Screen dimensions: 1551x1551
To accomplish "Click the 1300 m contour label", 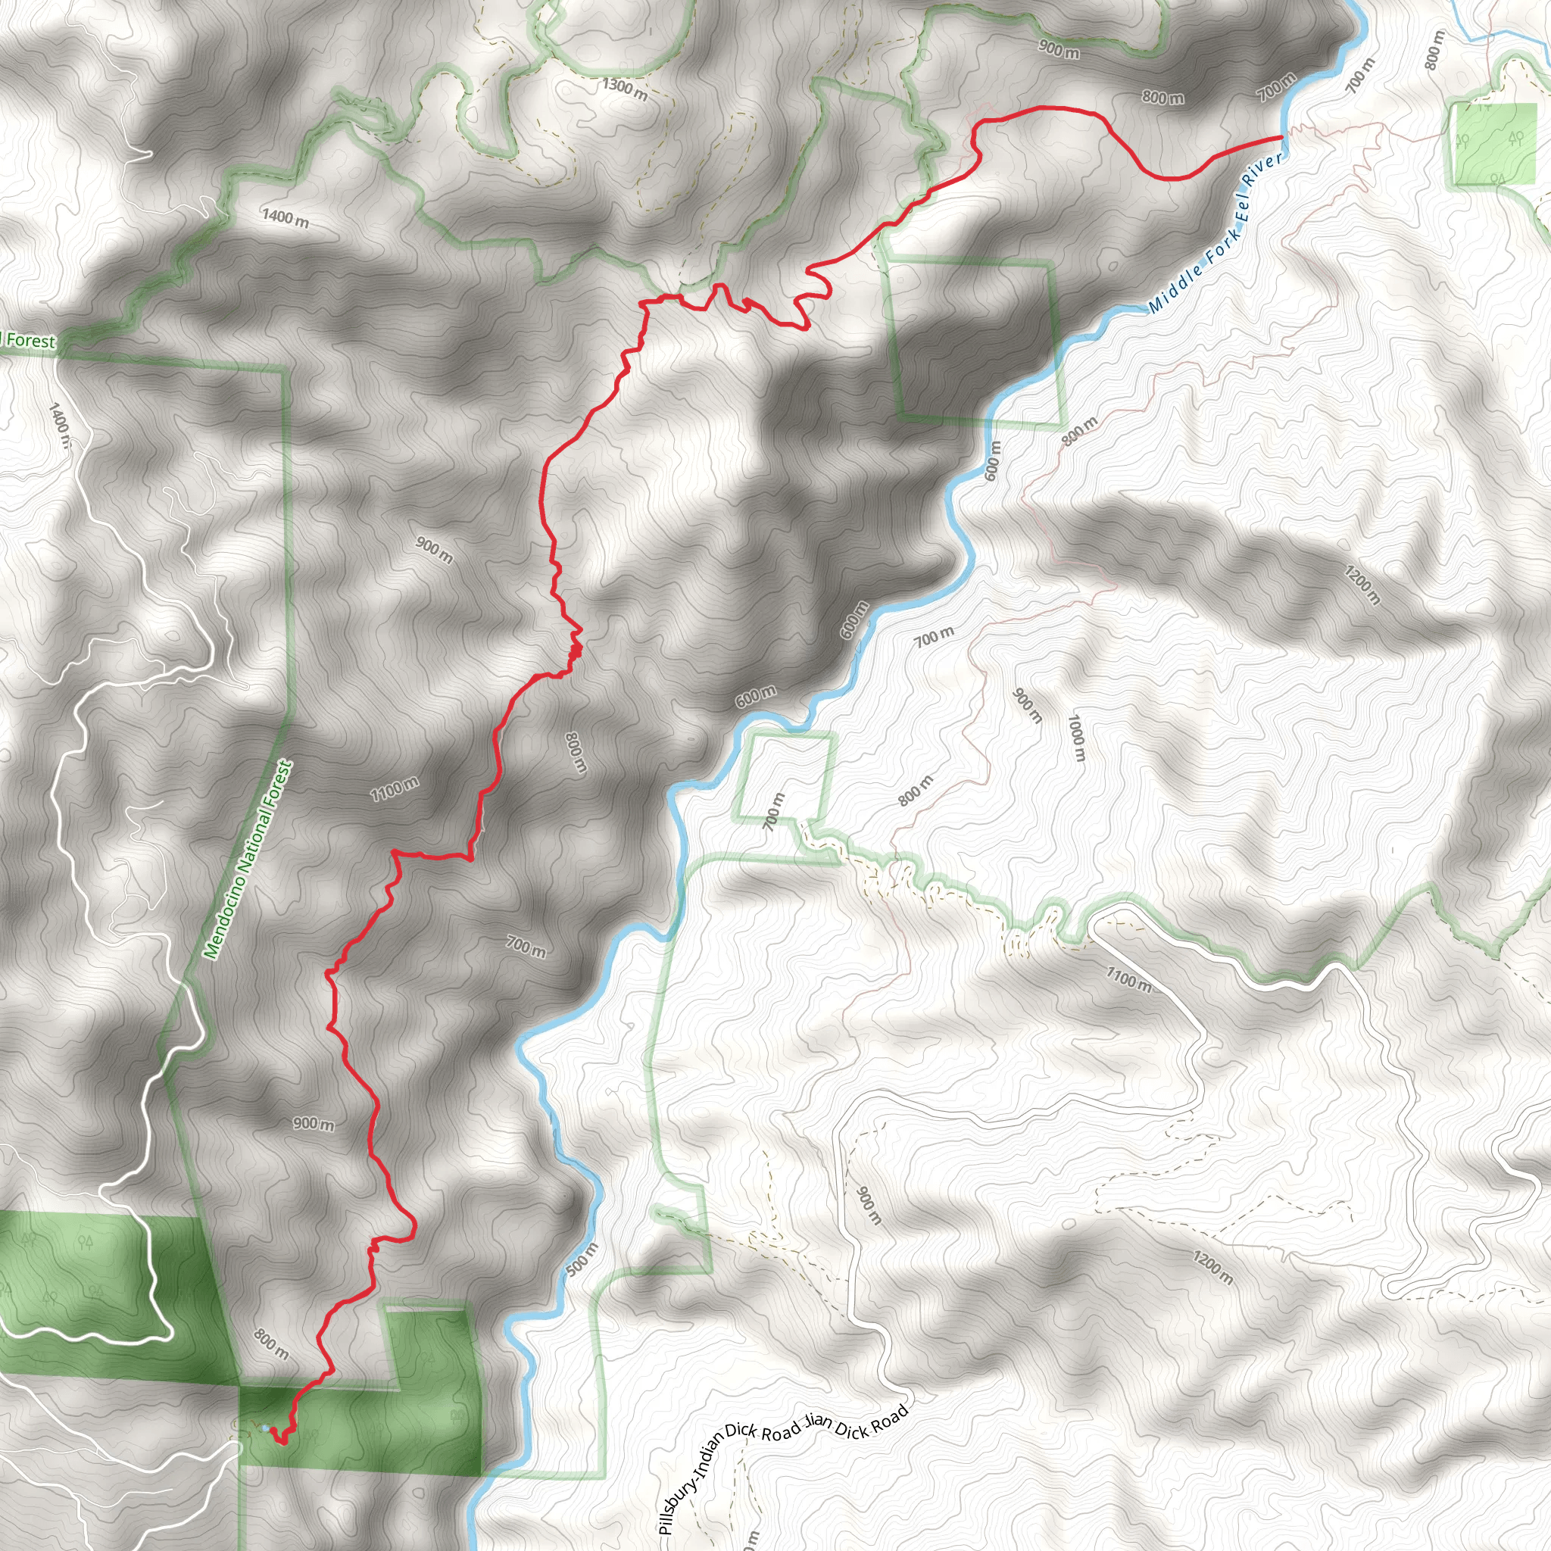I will pyautogui.click(x=625, y=88).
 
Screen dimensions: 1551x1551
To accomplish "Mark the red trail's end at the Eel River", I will pyautogui.click(x=1280, y=138).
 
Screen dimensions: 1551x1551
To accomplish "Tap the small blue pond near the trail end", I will pyautogui.click(x=265, y=1428).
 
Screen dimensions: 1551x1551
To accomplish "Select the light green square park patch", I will pyautogui.click(x=1494, y=145).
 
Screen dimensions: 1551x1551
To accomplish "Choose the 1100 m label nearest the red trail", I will pyautogui.click(x=394, y=788).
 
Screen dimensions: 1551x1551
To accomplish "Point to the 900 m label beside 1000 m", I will pyautogui.click(x=1027, y=706).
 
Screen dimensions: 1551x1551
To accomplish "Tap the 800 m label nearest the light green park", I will pyautogui.click(x=1433, y=49).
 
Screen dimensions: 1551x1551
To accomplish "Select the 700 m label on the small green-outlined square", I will pyautogui.click(x=772, y=811).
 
